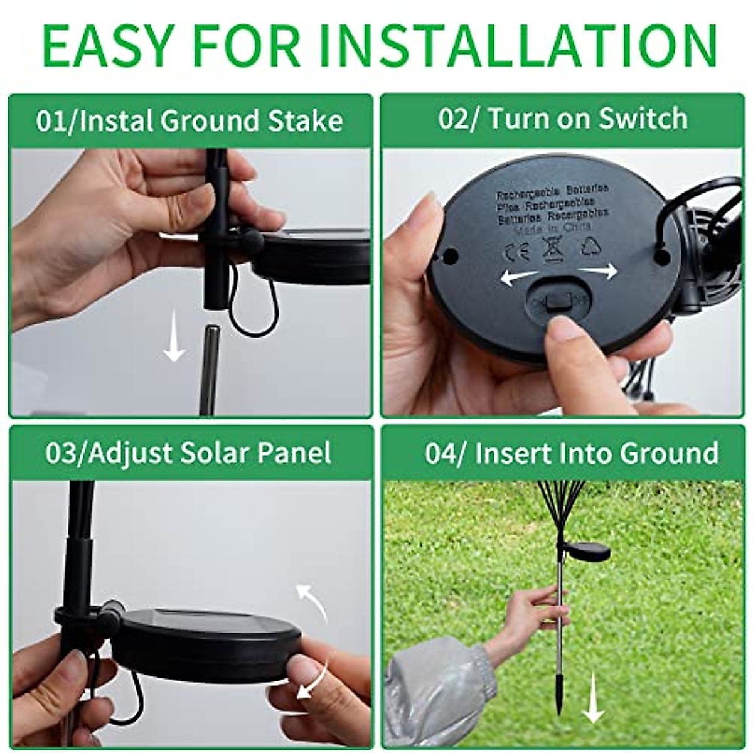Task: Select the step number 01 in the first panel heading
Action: (x=50, y=120)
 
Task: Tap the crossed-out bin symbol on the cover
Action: (x=553, y=248)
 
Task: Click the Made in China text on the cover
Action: (x=552, y=230)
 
